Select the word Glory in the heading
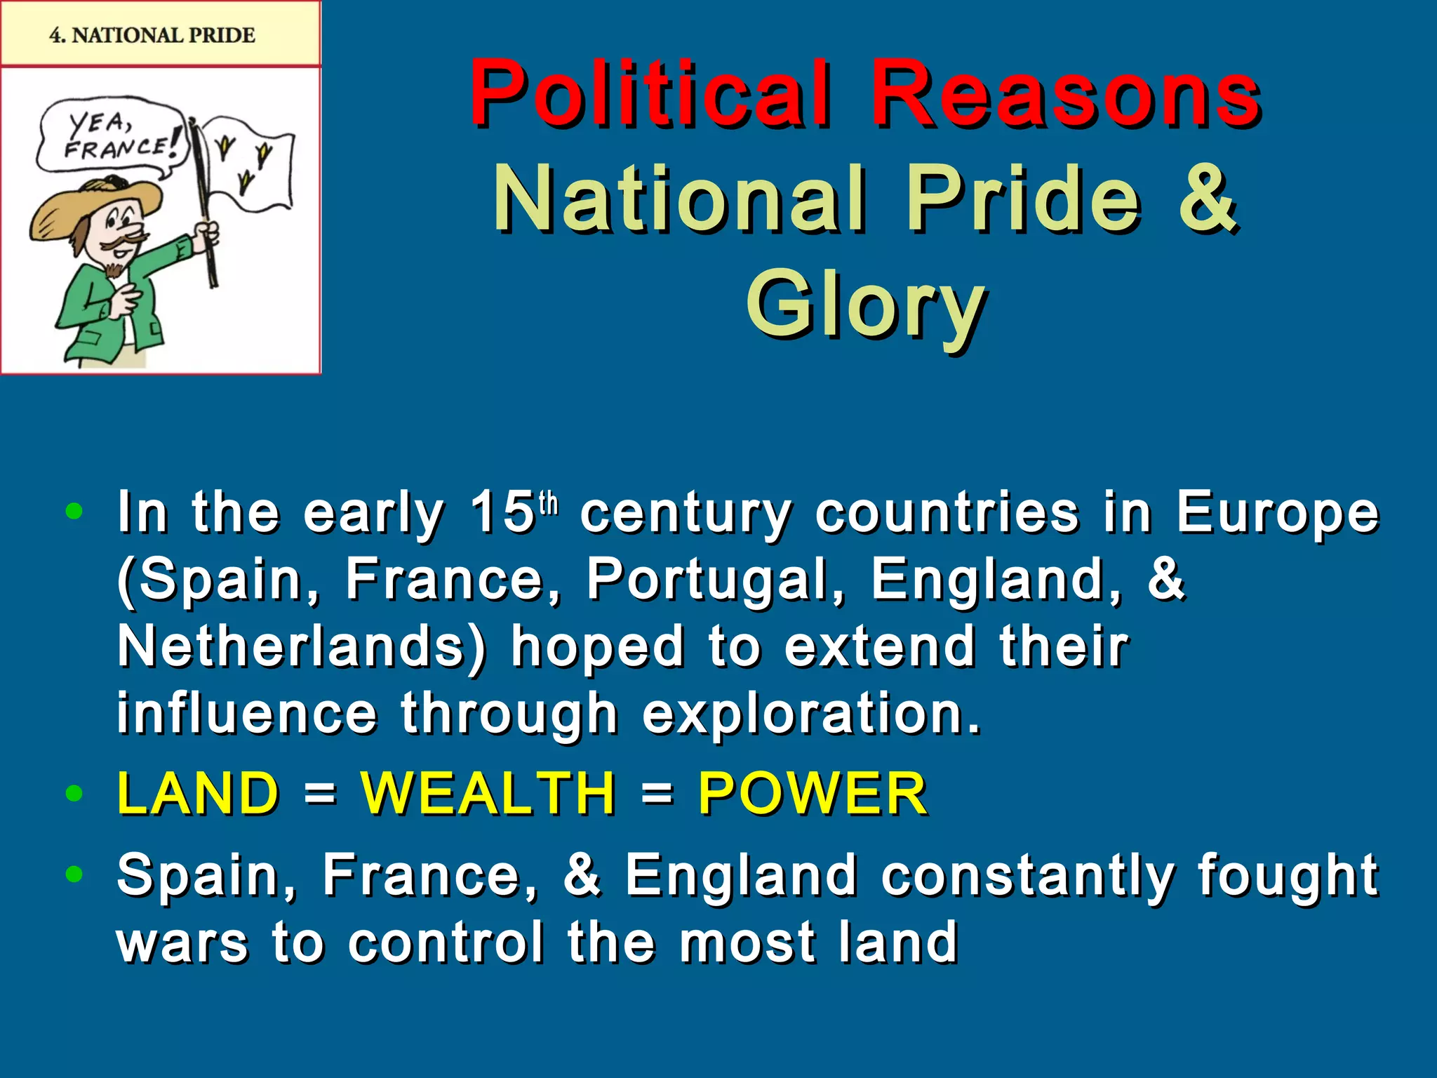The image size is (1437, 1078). pos(866,305)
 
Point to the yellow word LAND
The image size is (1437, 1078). pos(199,793)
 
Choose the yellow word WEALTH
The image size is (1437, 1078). pos(488,793)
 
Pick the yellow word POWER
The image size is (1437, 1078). pos(813,793)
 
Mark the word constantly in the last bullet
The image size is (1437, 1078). pos(1028,875)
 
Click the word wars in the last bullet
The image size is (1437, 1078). pos(182,943)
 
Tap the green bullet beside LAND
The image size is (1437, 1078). pos(73,794)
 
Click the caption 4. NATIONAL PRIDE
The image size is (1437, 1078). pos(152,34)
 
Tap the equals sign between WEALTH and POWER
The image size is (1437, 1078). pos(657,794)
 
